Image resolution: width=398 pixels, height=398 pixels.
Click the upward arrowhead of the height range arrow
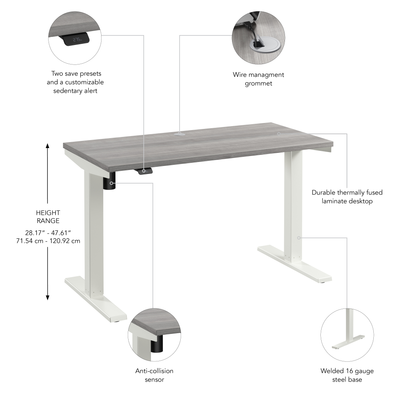[48, 146]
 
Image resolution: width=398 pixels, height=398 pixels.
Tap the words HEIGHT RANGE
[48, 217]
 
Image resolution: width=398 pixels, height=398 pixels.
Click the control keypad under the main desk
[146, 171]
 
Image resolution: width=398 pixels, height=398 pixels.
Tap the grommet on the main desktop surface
[179, 134]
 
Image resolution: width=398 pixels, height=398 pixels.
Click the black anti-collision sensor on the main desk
[110, 183]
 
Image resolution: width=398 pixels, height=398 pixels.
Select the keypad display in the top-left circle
[75, 40]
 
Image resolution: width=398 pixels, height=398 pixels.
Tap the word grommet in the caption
[258, 84]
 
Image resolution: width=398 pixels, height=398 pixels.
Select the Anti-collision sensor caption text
[154, 375]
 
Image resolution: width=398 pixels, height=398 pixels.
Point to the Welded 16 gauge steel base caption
[347, 375]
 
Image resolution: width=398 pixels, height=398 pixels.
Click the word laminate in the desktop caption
[335, 201]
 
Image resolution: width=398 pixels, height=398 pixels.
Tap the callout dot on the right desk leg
[298, 238]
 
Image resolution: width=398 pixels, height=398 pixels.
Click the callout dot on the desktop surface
[279, 134]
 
